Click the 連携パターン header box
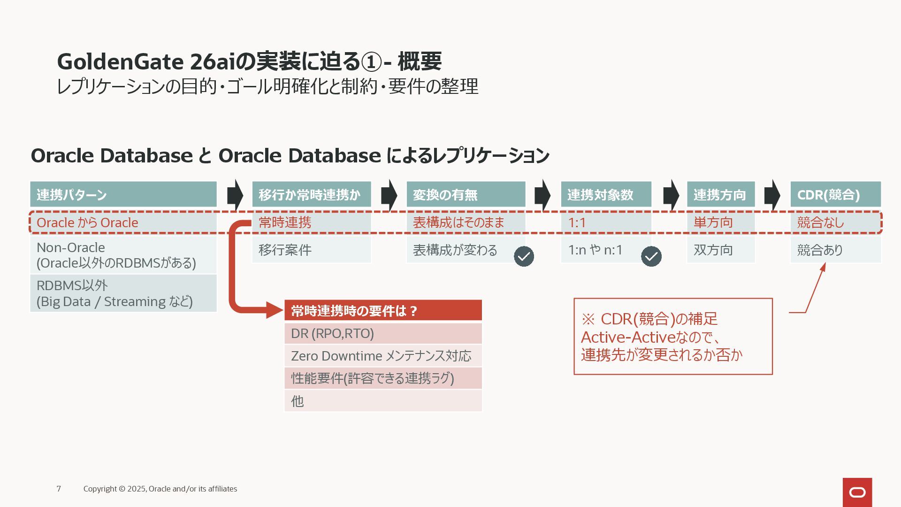[123, 194]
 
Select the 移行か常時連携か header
[312, 194]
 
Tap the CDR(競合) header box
[835, 194]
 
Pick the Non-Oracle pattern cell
[123, 255]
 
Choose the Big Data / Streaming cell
[123, 293]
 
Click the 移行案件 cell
[312, 250]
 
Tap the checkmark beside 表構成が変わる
[524, 256]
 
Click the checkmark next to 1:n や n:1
[651, 256]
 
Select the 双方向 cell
[720, 250]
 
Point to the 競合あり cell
[835, 250]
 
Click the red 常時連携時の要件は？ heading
[383, 311]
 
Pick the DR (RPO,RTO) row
[383, 333]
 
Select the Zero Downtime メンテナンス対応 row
[383, 356]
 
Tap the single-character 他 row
[383, 401]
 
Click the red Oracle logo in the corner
[857, 492]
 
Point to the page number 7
[59, 489]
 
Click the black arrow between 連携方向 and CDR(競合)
[772, 194]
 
